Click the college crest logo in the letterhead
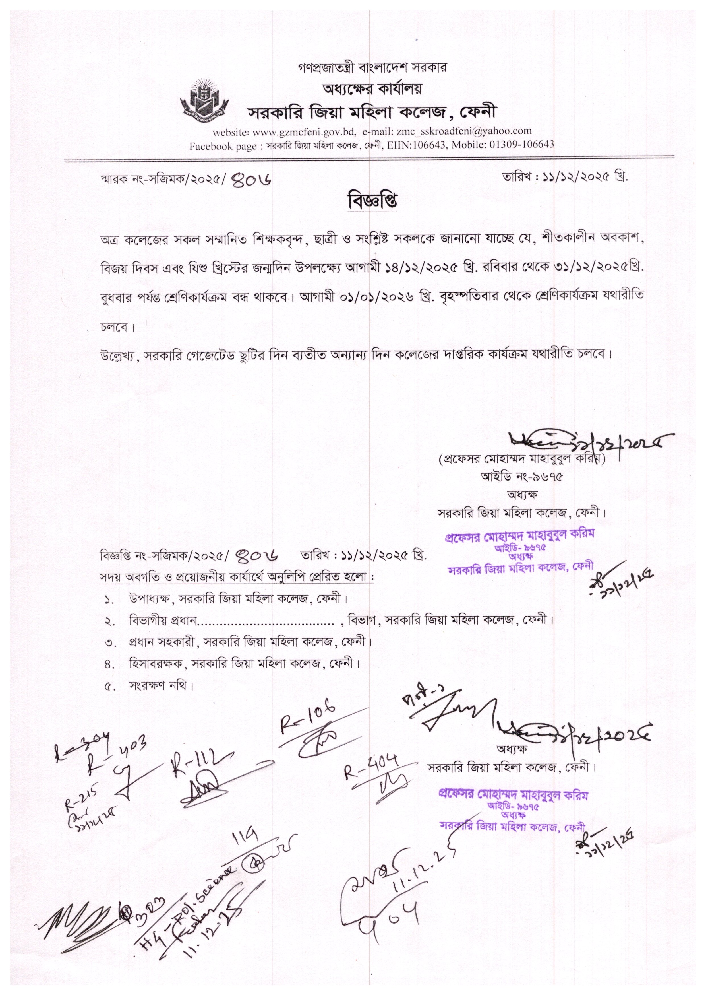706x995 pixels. coord(204,99)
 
